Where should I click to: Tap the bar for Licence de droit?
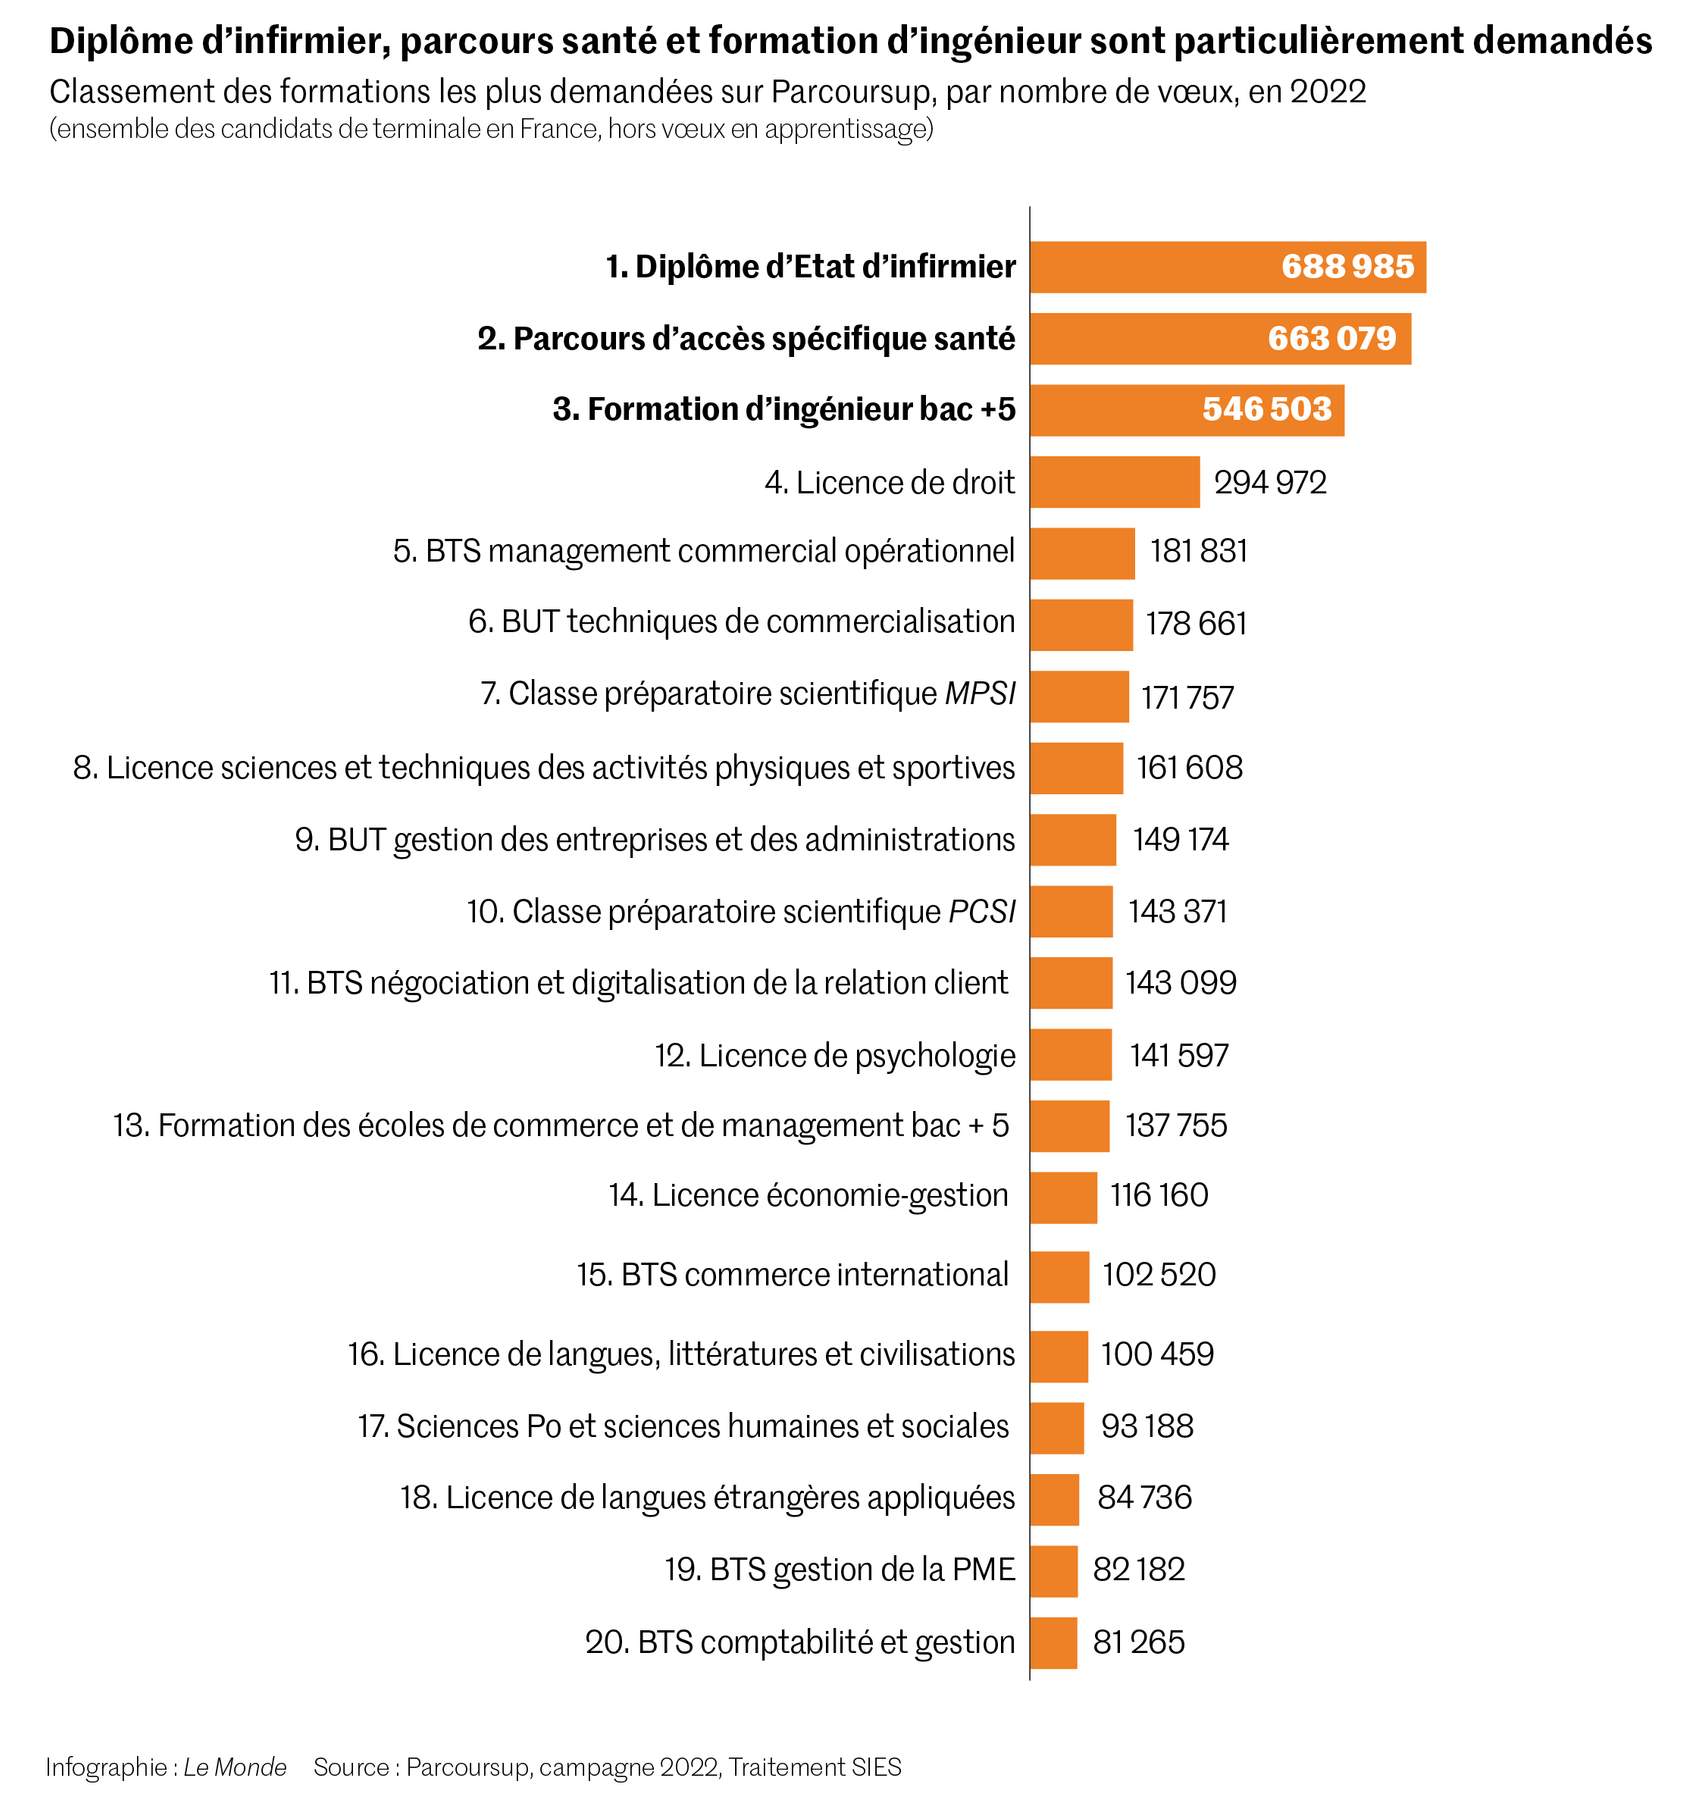(x=1114, y=482)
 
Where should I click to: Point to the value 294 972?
(x=1270, y=483)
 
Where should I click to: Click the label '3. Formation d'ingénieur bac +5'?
(x=783, y=410)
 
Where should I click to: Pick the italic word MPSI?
(x=979, y=694)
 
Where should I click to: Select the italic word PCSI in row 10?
(x=981, y=912)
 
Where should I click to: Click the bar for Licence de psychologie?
(x=1070, y=1055)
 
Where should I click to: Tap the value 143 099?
(x=1181, y=983)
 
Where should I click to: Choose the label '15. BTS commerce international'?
(x=792, y=1275)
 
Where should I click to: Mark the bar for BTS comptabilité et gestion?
(x=1053, y=1643)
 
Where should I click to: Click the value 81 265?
(x=1138, y=1643)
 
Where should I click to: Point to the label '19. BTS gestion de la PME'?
(x=839, y=1570)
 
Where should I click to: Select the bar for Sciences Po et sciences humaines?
(x=1056, y=1427)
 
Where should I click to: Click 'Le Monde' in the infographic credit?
(x=235, y=1767)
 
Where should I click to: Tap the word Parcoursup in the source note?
(x=467, y=1767)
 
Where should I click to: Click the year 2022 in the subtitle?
(x=1327, y=91)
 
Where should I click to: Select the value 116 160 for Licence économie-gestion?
(x=1158, y=1196)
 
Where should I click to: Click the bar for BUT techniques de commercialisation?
(x=1081, y=625)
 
